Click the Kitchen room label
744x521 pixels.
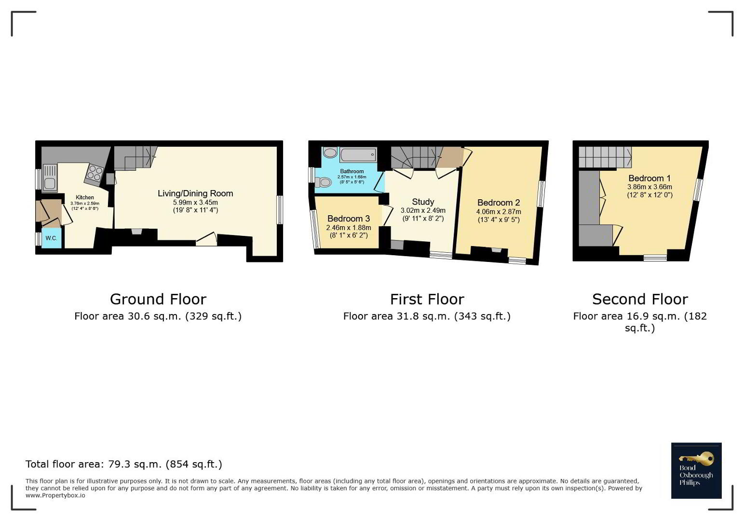(x=85, y=197)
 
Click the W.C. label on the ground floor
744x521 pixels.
(x=51, y=238)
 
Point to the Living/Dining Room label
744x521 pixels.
(x=195, y=193)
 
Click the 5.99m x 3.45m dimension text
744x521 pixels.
(x=195, y=202)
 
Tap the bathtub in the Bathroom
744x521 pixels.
(x=358, y=155)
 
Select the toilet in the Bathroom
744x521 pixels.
(x=323, y=182)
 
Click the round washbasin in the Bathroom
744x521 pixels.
(x=330, y=153)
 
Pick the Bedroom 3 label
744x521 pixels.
(x=349, y=219)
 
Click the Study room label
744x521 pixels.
(x=423, y=202)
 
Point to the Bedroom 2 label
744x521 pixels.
(x=499, y=202)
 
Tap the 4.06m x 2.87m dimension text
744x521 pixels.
(x=499, y=212)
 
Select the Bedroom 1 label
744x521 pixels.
(x=649, y=178)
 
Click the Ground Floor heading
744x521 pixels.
(x=158, y=300)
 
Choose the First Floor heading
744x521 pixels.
(x=427, y=300)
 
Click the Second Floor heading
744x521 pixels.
(x=640, y=300)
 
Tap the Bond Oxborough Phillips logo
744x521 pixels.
(x=696, y=470)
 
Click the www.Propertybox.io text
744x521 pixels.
(x=55, y=495)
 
